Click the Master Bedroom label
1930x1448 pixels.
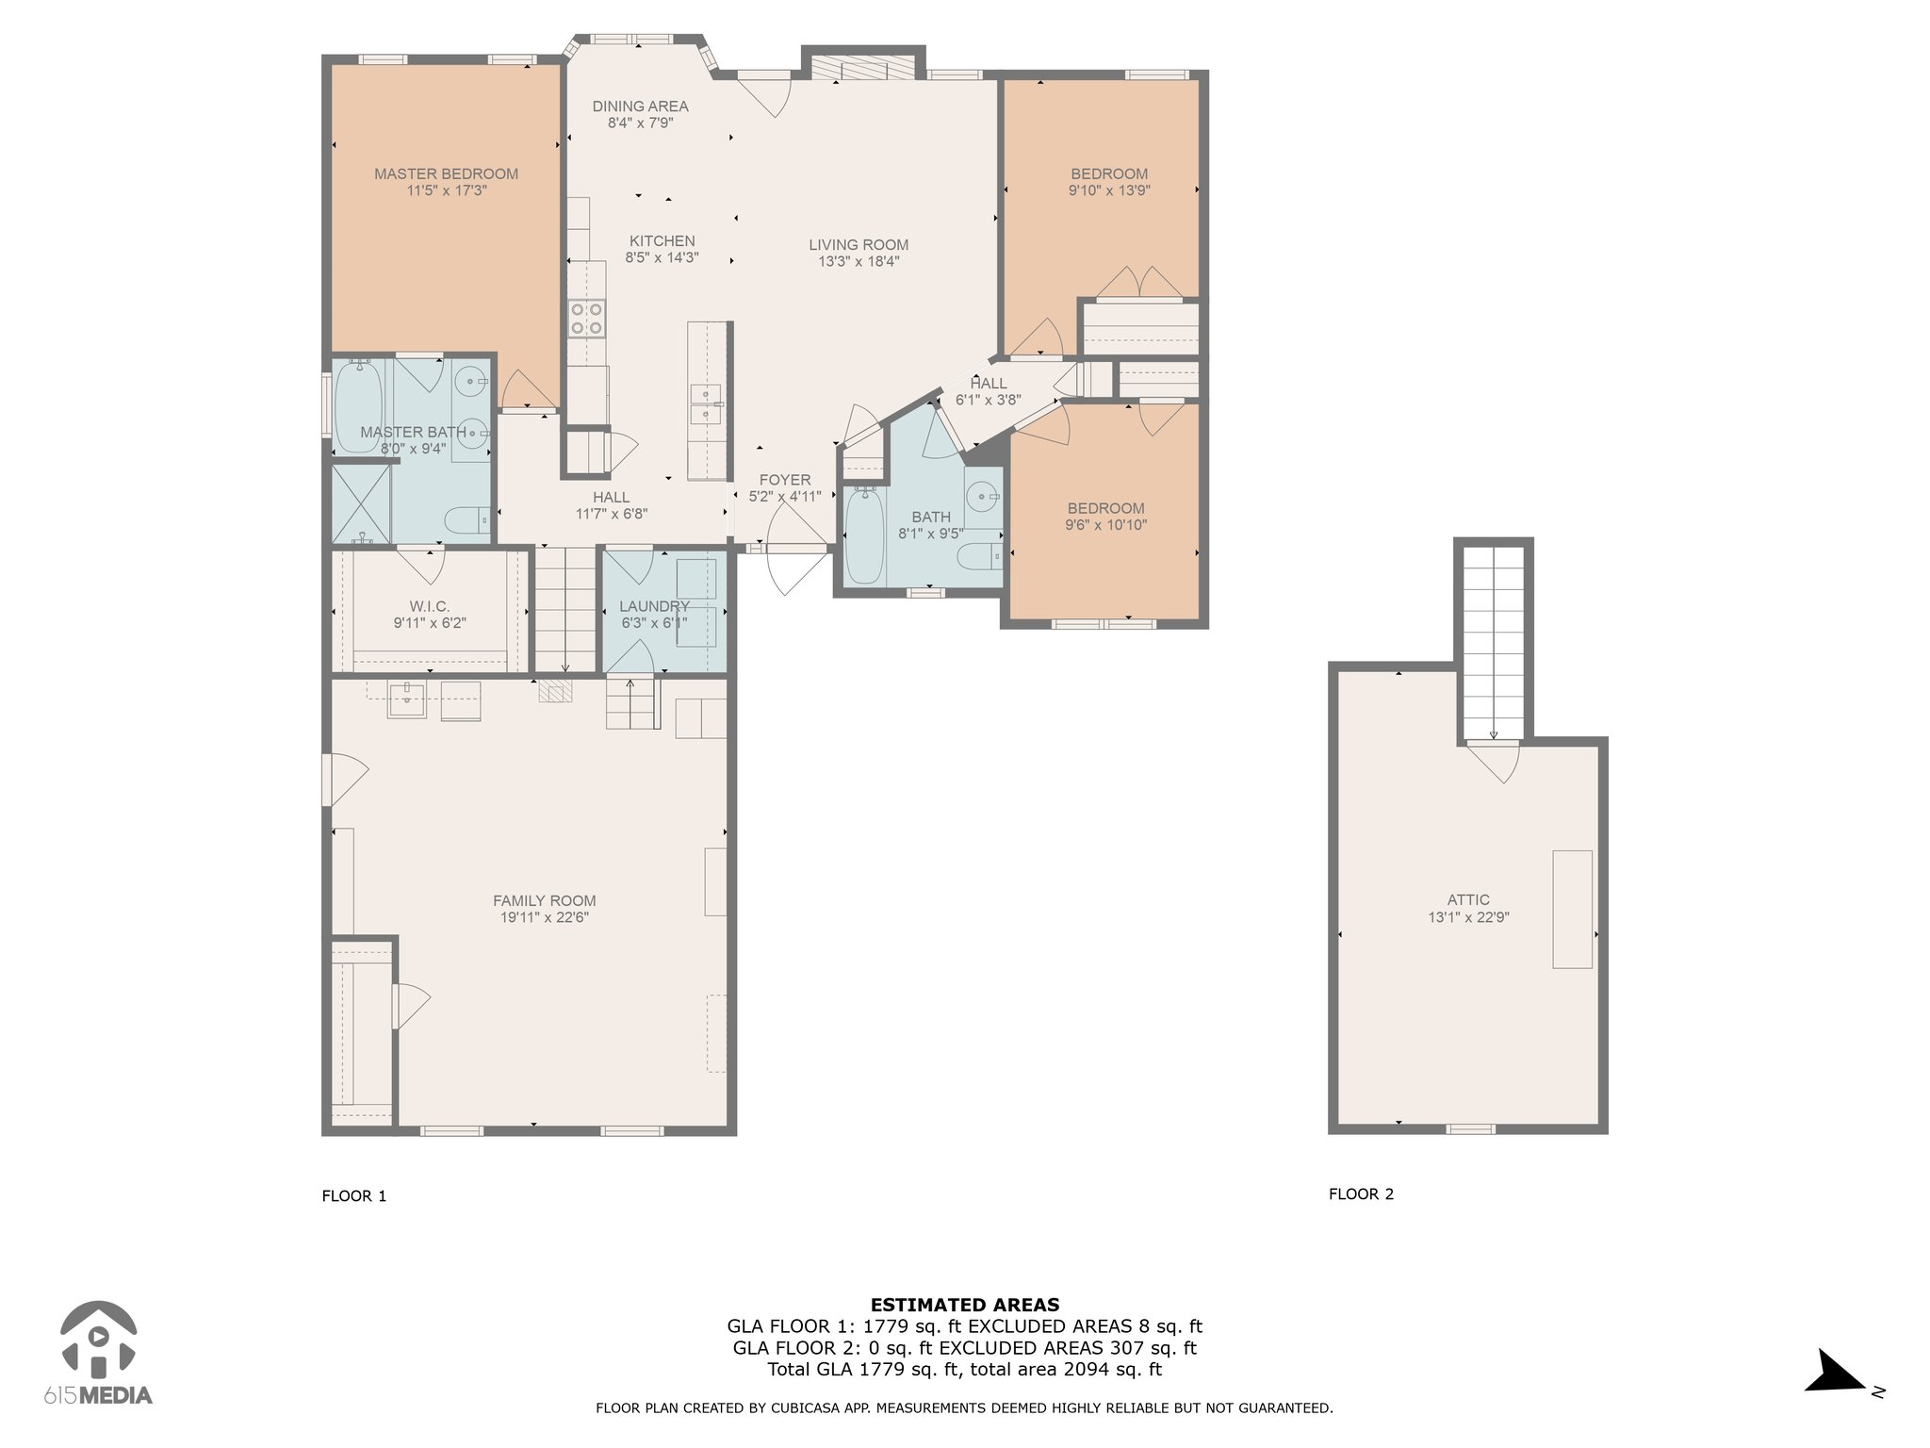446,173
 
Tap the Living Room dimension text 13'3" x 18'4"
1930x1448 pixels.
859,262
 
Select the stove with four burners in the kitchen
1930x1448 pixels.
586,318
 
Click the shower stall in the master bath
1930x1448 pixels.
361,503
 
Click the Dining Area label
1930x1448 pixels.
640,107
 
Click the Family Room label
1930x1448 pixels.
545,900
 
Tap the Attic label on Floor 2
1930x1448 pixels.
1468,900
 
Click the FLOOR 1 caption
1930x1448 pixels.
354,1196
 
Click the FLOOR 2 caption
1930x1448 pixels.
1361,1194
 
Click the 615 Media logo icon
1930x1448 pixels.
98,1339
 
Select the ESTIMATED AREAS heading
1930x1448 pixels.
965,1306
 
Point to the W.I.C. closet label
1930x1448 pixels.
430,606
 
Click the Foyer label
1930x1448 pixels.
785,480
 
